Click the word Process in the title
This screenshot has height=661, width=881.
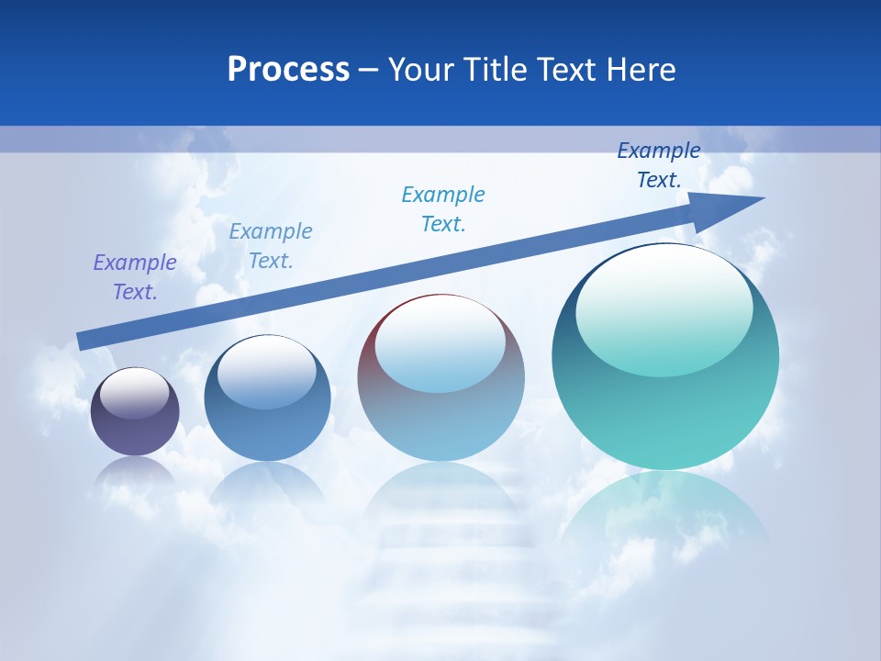click(x=288, y=70)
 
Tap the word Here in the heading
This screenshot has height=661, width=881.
click(x=639, y=70)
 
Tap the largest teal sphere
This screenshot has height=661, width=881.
click(x=665, y=404)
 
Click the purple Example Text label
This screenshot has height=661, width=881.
click(x=135, y=277)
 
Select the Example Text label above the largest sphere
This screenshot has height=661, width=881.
click(x=659, y=165)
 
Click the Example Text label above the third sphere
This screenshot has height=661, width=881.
click(x=443, y=209)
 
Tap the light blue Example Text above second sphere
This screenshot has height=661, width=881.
click(x=271, y=246)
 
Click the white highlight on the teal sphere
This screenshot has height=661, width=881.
click(x=664, y=308)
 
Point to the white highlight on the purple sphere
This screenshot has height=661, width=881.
click(x=135, y=392)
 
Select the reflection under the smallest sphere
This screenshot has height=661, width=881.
click(x=135, y=473)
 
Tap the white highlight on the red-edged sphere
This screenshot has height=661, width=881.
click(x=440, y=342)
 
